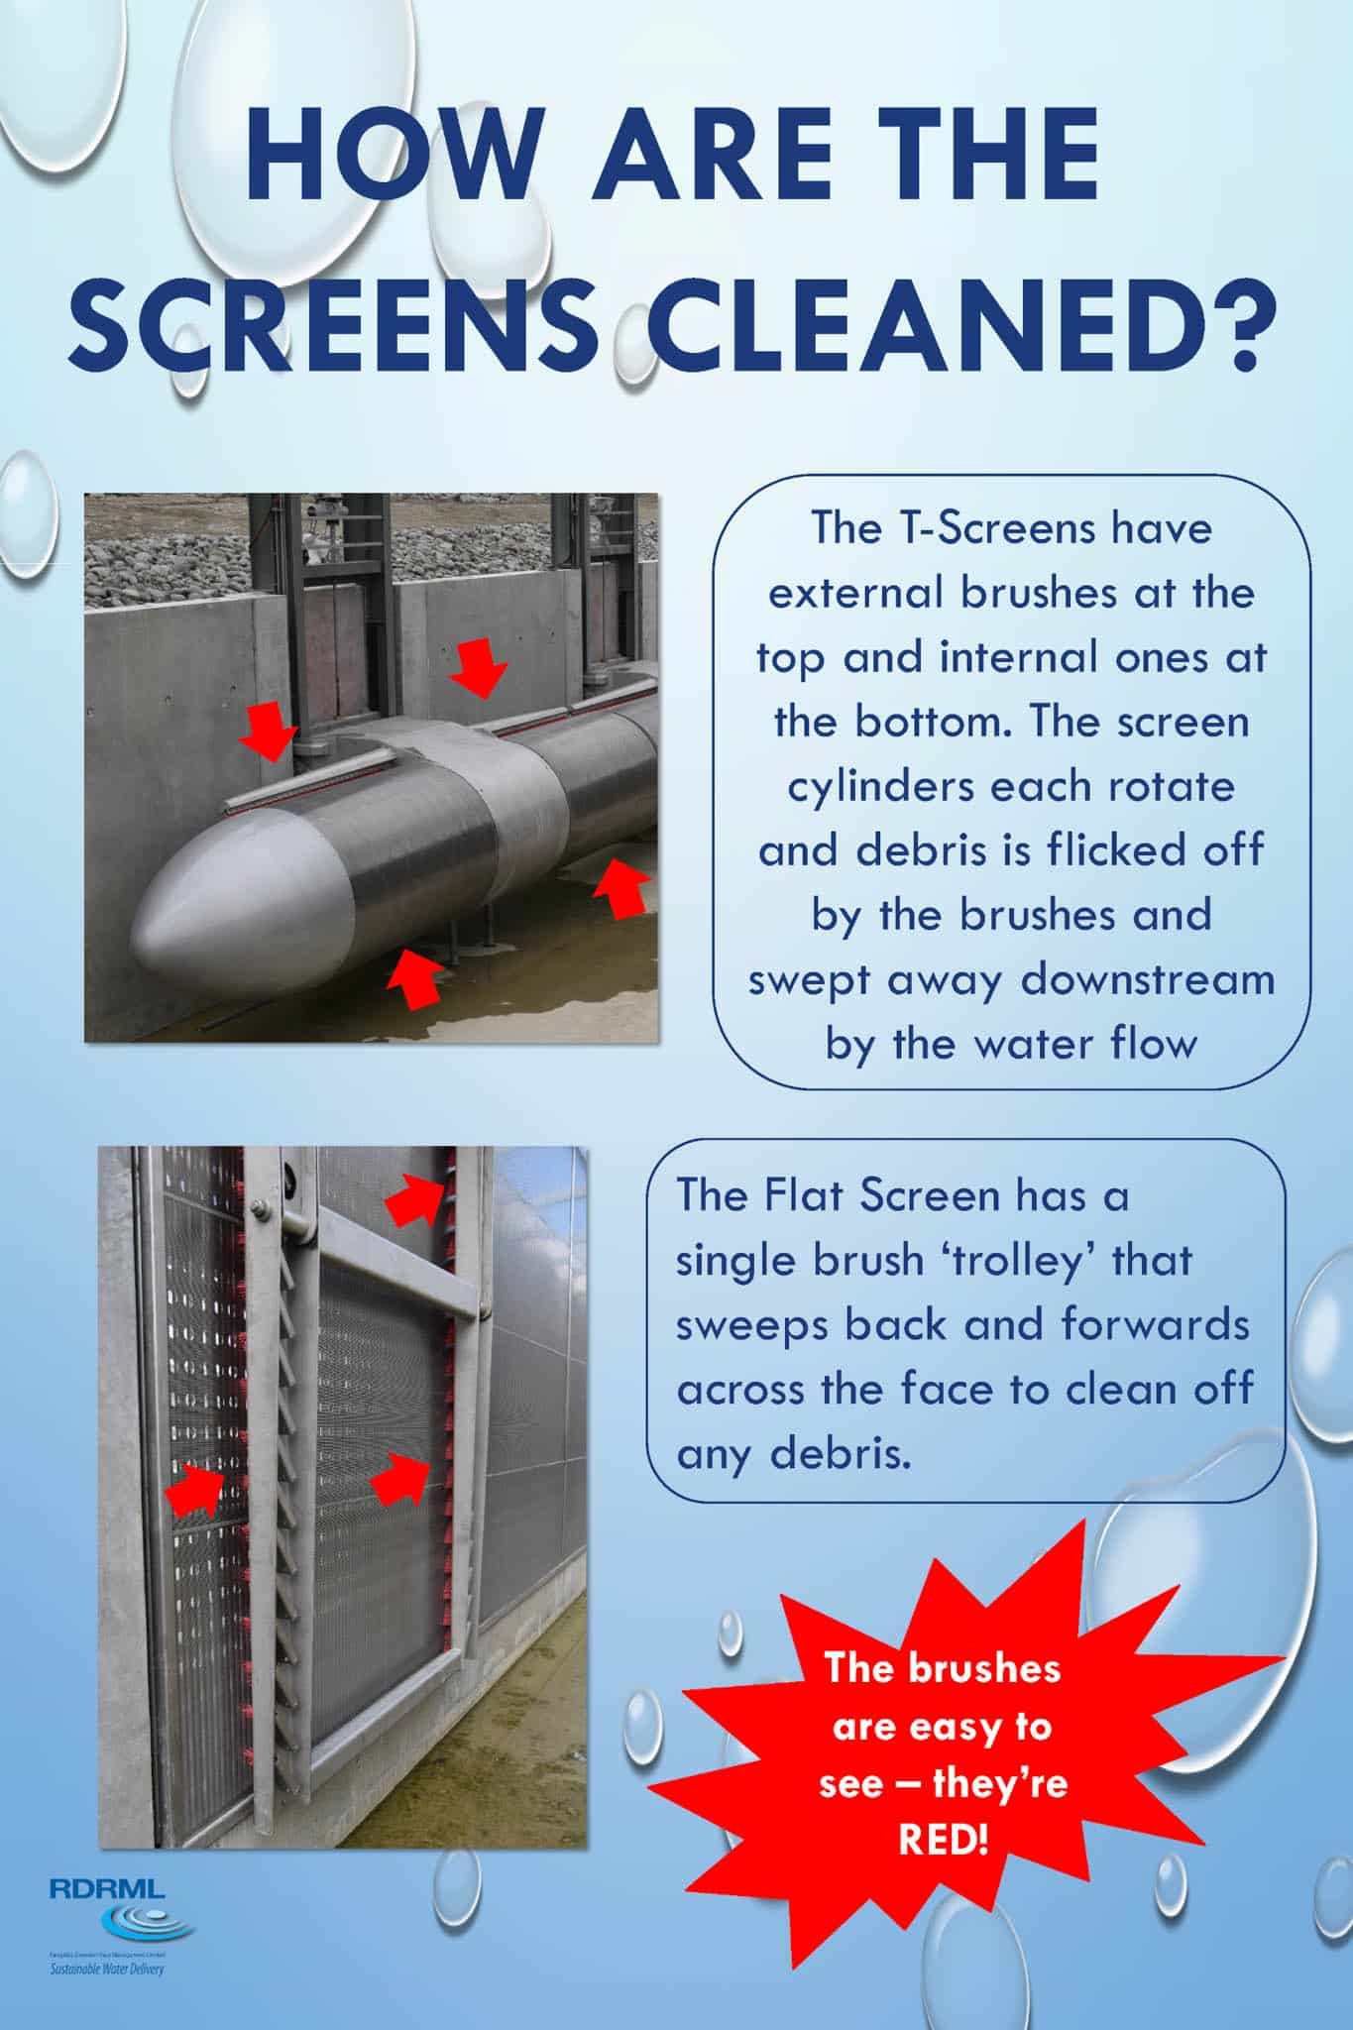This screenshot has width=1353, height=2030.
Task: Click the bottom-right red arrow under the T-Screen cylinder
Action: (620, 887)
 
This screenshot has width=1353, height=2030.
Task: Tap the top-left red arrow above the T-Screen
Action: (270, 730)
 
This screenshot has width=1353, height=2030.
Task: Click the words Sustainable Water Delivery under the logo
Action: (107, 1968)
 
